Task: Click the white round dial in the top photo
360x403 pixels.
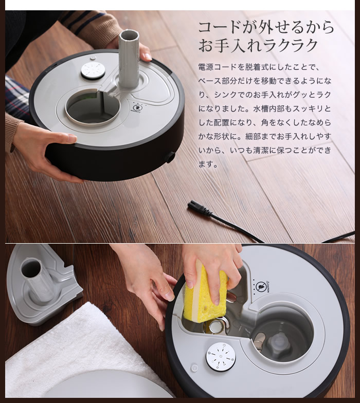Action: pyautogui.click(x=93, y=70)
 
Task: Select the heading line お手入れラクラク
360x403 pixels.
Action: pyautogui.click(x=259, y=45)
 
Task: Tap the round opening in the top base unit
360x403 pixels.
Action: pyautogui.click(x=93, y=106)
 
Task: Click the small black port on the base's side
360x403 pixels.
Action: pyautogui.click(x=170, y=157)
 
